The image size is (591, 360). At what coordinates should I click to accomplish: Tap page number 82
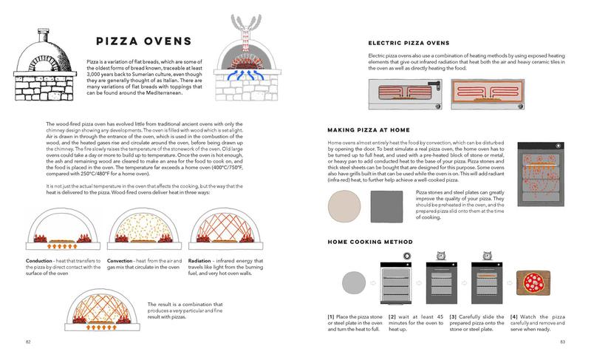(27, 342)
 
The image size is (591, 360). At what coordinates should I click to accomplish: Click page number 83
(563, 342)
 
